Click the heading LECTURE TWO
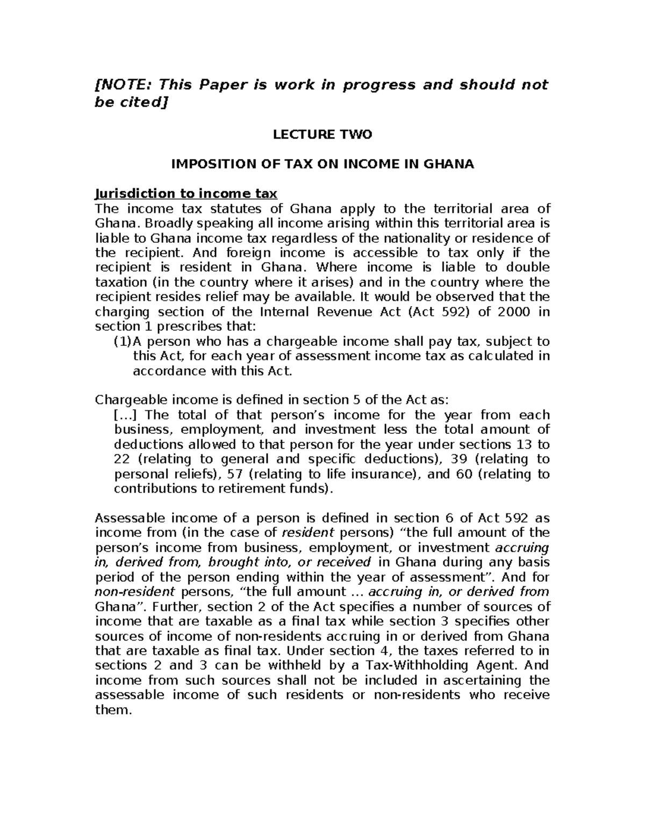(x=322, y=135)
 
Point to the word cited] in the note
(x=141, y=102)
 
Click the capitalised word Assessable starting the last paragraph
(x=128, y=518)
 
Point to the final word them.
(x=113, y=710)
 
